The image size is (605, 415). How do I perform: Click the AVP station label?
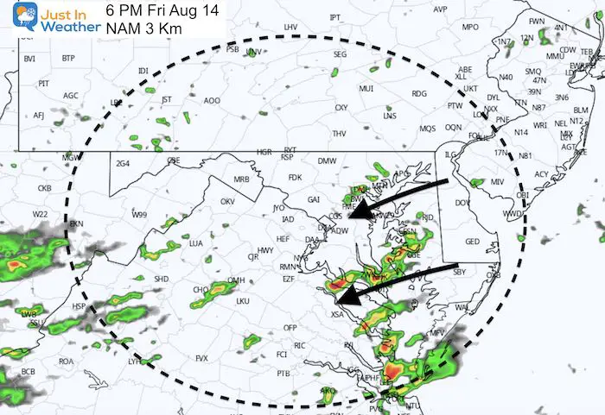(x=441, y=9)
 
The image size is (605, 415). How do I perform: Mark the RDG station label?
(x=420, y=94)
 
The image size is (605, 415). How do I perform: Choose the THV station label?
(x=340, y=133)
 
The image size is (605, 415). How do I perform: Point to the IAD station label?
(x=289, y=218)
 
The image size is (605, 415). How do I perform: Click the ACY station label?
(x=540, y=173)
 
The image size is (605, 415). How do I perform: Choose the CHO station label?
(x=199, y=289)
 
